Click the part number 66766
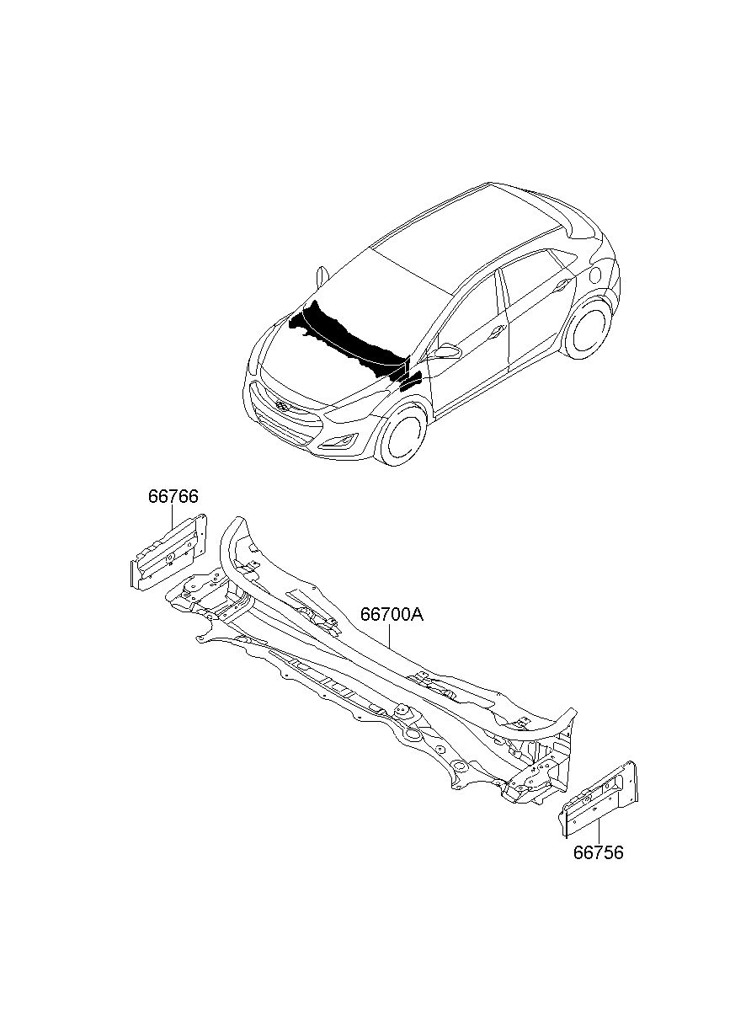pos(173,497)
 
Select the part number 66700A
pos(392,616)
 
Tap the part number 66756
pos(599,852)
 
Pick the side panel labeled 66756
pos(601,799)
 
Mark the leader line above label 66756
pos(599,829)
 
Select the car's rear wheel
pos(587,328)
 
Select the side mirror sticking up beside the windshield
pos(321,276)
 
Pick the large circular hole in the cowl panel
pos(413,734)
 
